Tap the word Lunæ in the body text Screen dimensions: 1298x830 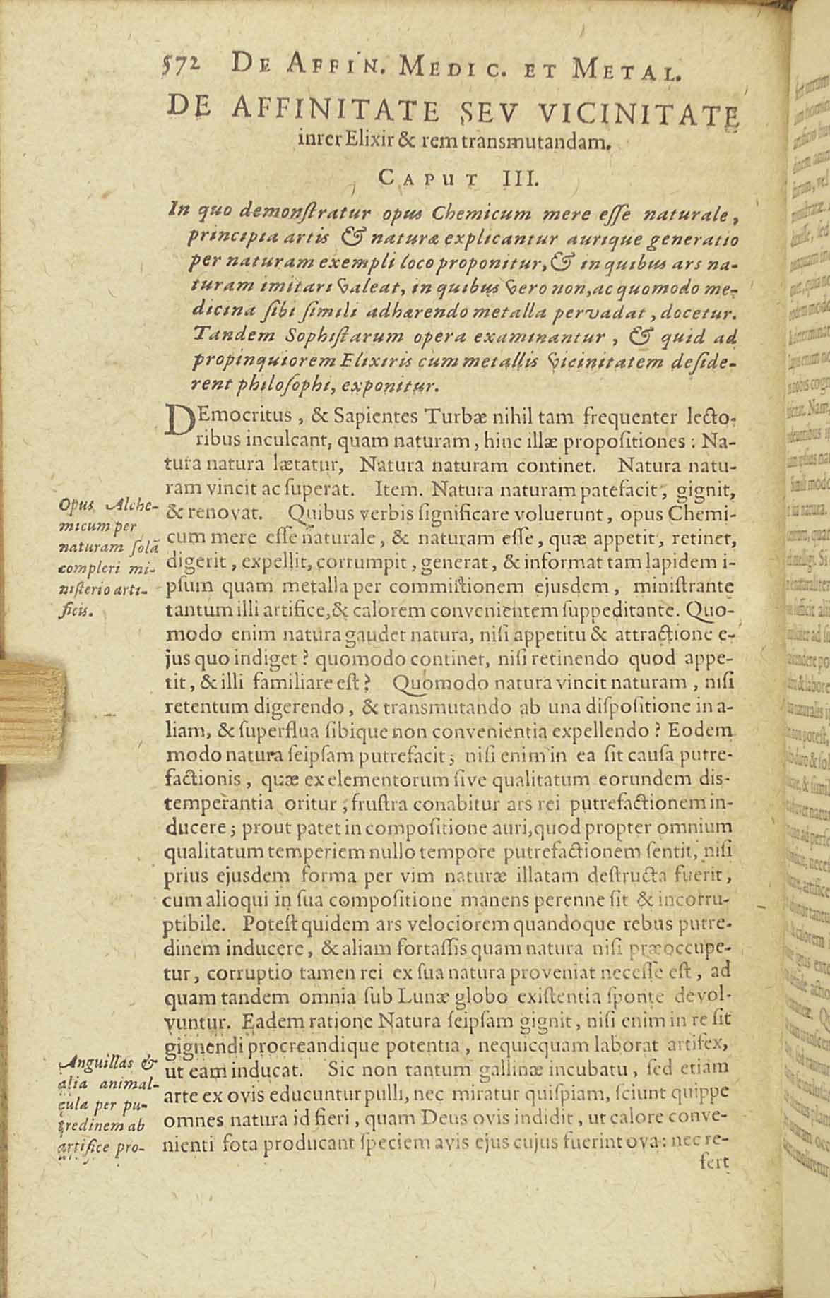coord(422,998)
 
